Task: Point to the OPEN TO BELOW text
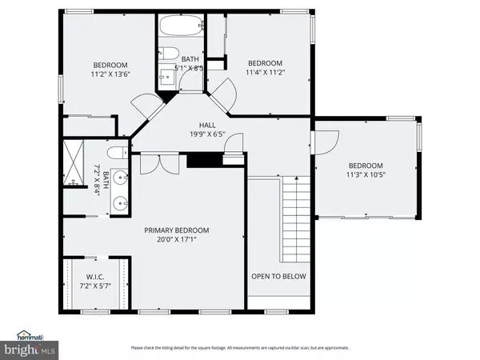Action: click(x=278, y=277)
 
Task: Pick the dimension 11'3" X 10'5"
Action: click(x=364, y=174)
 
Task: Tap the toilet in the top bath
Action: click(x=170, y=54)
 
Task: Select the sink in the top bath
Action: click(x=168, y=77)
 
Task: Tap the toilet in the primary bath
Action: click(x=116, y=152)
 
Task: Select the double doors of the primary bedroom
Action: click(x=152, y=162)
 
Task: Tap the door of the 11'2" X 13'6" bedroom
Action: click(x=144, y=104)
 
